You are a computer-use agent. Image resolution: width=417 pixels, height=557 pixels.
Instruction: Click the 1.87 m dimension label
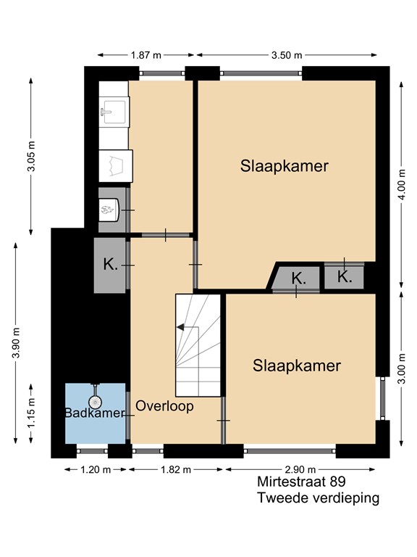[x=146, y=55]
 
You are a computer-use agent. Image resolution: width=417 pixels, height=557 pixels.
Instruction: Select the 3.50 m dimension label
[x=287, y=55]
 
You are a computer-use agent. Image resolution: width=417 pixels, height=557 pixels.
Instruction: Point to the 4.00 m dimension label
[x=402, y=184]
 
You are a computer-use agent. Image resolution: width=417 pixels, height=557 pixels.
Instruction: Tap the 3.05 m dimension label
[x=32, y=156]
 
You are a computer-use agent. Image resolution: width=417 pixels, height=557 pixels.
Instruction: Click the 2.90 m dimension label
[x=300, y=470]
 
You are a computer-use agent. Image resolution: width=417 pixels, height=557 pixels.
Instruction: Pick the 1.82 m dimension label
[x=176, y=470]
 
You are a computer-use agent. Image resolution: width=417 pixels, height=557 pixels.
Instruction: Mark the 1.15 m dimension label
[x=32, y=413]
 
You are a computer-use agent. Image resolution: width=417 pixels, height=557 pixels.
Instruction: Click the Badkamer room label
[x=95, y=413]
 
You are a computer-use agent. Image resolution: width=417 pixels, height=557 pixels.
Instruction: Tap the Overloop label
[x=164, y=405]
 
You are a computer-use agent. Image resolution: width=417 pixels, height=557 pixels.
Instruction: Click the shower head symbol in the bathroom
[x=95, y=401]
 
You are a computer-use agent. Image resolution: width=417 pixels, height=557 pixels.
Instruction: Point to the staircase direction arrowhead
[x=180, y=327]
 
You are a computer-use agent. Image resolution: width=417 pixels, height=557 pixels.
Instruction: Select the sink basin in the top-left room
[x=114, y=112]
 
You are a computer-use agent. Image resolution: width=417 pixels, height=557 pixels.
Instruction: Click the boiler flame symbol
[x=108, y=210]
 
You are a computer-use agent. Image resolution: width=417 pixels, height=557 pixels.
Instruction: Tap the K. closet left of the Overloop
[x=109, y=265]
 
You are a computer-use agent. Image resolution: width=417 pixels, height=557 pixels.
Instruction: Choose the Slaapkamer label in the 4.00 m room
[x=285, y=166]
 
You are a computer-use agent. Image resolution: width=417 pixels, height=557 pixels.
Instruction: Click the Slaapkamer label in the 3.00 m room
[x=296, y=366]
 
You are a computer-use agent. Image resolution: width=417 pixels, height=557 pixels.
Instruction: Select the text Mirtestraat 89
[x=301, y=482]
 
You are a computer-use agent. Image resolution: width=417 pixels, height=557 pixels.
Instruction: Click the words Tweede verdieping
[x=318, y=498]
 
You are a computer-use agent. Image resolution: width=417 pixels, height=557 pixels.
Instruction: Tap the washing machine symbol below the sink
[x=116, y=166]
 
